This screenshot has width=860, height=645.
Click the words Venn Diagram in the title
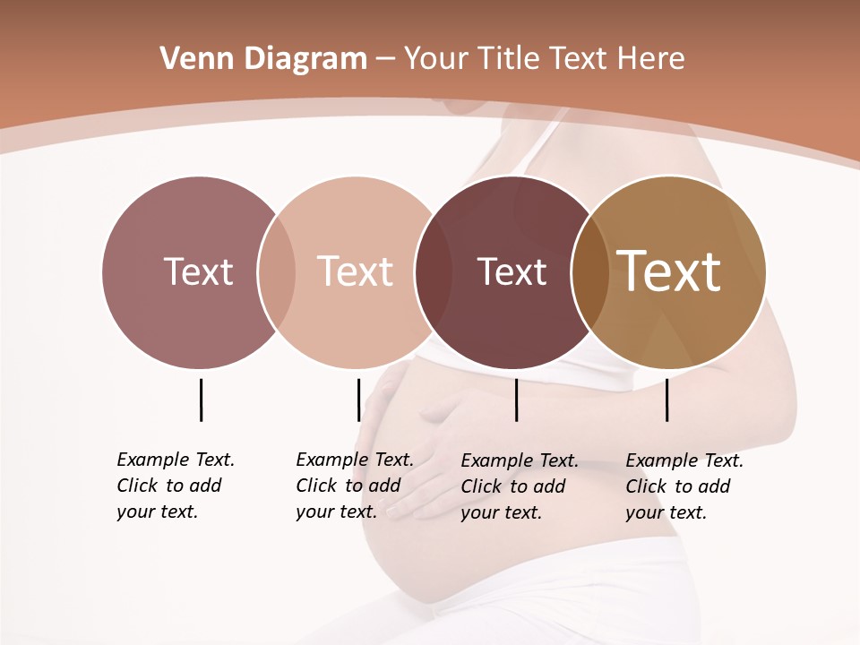263,59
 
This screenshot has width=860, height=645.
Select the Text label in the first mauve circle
198,271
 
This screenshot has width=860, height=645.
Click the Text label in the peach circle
355,271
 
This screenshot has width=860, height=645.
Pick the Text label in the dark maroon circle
512,271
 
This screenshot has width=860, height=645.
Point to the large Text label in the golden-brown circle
669,271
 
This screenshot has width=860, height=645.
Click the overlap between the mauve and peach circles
277,271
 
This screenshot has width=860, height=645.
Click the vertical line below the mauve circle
201,400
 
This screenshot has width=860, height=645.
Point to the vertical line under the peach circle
358,400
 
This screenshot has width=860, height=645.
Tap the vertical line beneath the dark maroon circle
516,400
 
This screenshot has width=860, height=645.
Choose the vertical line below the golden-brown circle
666,400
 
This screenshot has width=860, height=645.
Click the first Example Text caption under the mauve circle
175,486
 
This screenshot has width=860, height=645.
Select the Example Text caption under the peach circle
354,486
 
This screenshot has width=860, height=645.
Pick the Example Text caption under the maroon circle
519,486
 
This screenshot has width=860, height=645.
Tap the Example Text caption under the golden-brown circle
684,486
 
